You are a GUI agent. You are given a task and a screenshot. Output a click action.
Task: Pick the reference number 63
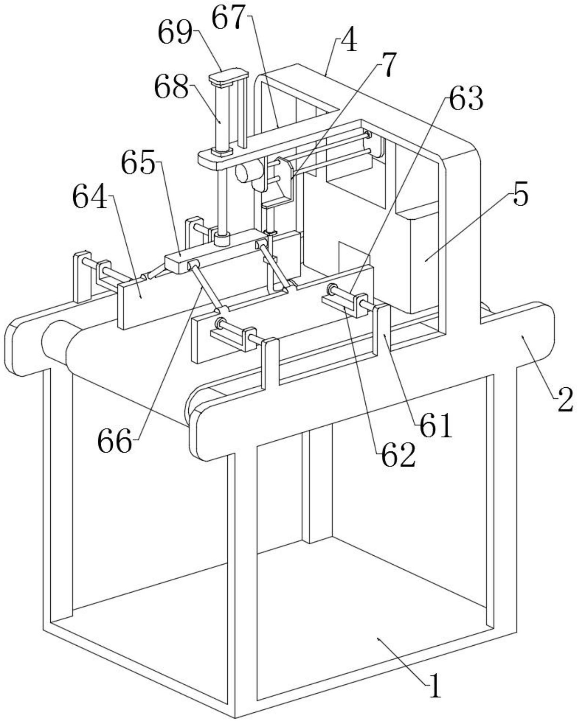coord(466,99)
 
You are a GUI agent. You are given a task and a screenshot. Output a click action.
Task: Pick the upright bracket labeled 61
coord(383,328)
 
